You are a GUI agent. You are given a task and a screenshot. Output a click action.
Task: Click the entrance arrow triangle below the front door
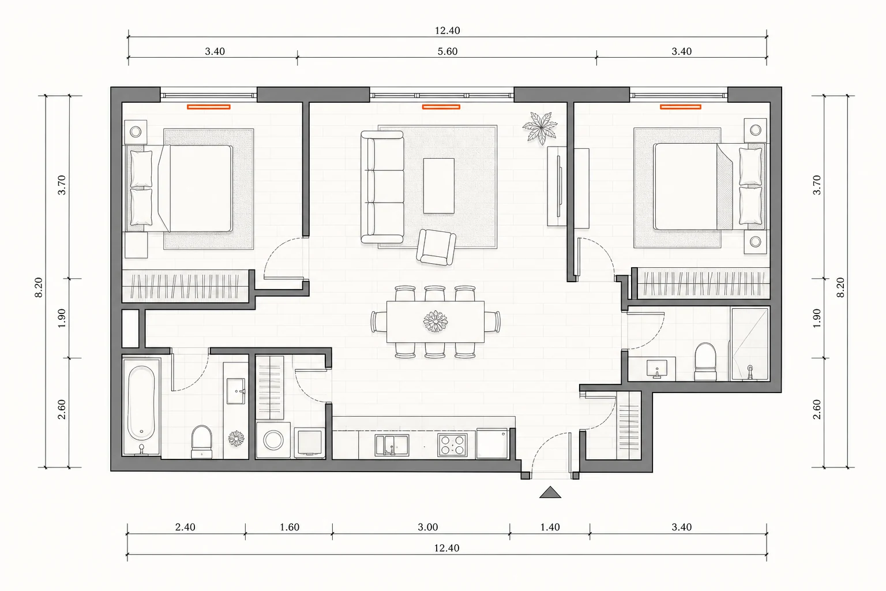(x=550, y=493)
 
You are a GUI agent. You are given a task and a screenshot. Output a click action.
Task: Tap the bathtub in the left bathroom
(x=141, y=407)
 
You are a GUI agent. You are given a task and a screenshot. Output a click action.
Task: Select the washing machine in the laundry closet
(x=273, y=440)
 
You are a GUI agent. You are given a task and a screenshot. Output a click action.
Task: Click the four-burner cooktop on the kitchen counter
(x=452, y=444)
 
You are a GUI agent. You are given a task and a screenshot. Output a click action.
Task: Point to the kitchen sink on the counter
(x=392, y=446)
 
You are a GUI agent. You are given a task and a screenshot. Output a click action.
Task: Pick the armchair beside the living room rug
(x=436, y=247)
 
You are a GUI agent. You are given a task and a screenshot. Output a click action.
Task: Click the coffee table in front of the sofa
(x=438, y=186)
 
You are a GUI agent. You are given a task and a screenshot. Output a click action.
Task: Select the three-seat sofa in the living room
(x=382, y=187)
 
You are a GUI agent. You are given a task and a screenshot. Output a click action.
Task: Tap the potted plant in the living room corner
(x=540, y=126)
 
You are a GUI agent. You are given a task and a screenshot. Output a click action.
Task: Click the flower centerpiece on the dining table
(x=435, y=321)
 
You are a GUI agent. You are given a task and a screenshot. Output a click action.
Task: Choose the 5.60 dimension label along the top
(x=448, y=51)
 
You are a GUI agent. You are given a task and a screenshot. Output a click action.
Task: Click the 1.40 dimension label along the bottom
(x=550, y=528)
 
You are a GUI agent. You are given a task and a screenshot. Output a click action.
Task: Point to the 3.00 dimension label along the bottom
(x=428, y=528)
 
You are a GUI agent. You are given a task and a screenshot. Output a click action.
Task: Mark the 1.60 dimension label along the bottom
(x=290, y=528)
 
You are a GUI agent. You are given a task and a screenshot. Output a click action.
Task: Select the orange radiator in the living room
(x=441, y=107)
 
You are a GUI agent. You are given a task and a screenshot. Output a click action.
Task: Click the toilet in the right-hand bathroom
(x=705, y=361)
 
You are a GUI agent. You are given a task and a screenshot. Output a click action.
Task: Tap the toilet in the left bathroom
(x=202, y=442)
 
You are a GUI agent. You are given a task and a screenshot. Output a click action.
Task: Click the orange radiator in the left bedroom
(x=208, y=107)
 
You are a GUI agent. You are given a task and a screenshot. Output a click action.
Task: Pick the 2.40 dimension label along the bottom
(x=185, y=528)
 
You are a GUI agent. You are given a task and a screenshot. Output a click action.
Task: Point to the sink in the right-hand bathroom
(x=657, y=369)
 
